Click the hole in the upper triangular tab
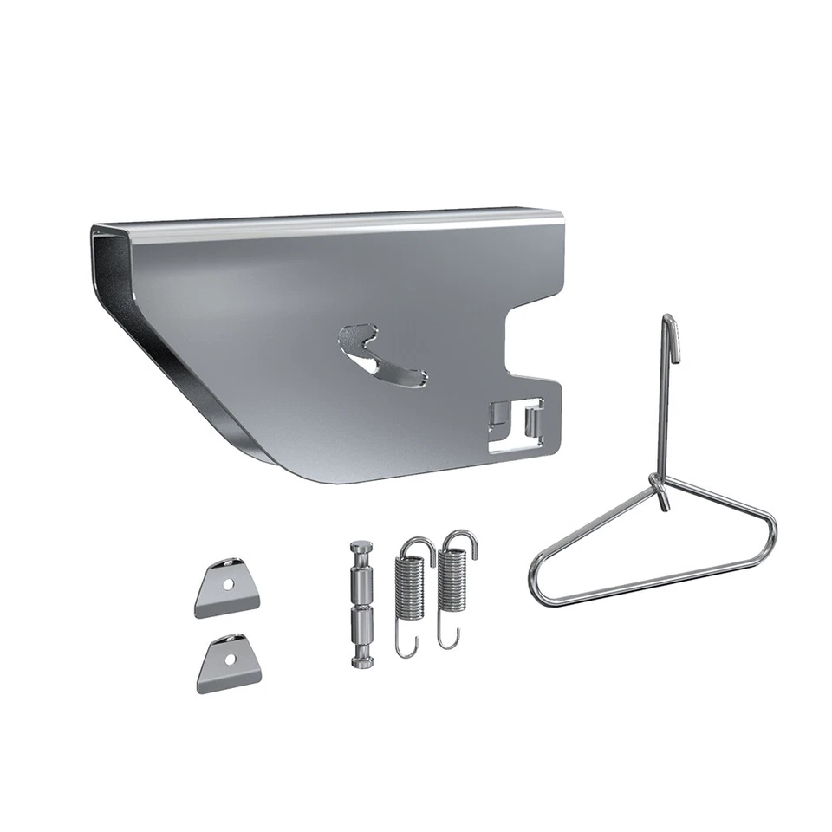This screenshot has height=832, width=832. click(x=228, y=584)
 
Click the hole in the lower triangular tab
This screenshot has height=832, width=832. click(x=229, y=659)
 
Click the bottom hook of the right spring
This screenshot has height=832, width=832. click(x=448, y=640)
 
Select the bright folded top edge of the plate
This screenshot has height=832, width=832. click(x=329, y=222)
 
